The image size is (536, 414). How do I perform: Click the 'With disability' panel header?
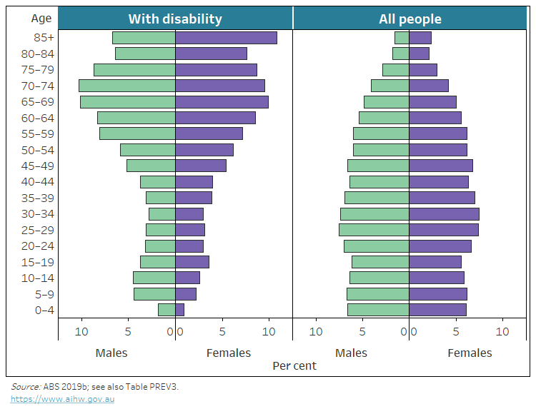coord(175,19)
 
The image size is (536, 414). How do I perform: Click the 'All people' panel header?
coord(410,19)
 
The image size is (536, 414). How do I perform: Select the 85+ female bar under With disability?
coord(226,38)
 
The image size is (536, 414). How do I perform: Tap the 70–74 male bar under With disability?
coord(127,86)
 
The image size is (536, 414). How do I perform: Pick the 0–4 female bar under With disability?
coord(180,310)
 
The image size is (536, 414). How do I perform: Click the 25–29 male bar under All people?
coord(374,230)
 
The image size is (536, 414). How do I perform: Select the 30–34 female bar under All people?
coord(444,213)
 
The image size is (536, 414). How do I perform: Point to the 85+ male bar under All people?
coord(402,38)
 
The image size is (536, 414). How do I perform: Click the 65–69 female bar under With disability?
coord(222,102)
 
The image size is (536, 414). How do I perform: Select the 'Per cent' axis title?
coord(294,365)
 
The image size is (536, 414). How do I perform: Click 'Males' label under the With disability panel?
coord(111,353)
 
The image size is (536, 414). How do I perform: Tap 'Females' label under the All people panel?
coord(470,353)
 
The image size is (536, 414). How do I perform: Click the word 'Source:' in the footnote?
coord(26,386)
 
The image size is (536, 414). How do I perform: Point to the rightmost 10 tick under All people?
coord(502,332)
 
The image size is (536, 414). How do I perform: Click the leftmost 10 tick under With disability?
coord(82,332)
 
